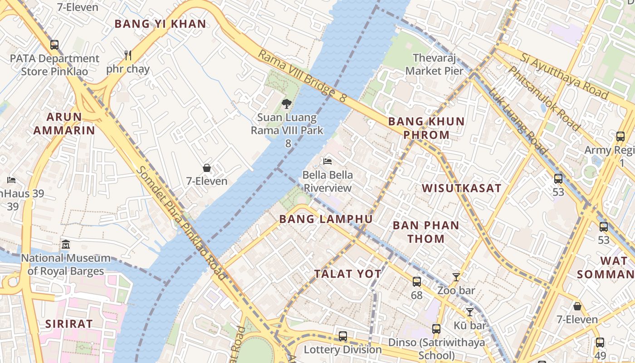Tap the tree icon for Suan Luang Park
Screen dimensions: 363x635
click(286, 104)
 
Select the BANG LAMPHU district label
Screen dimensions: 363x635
click(326, 219)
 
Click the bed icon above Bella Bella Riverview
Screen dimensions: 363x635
click(327, 161)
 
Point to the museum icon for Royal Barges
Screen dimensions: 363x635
click(66, 244)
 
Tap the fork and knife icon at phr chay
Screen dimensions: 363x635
click(128, 55)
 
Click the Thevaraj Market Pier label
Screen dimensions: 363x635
click(434, 64)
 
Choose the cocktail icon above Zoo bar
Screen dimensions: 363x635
click(456, 277)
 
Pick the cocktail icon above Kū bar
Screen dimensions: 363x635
click(470, 312)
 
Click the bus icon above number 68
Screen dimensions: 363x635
click(416, 282)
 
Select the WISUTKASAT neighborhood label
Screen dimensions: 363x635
click(461, 188)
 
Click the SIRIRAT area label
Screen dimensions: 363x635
click(69, 324)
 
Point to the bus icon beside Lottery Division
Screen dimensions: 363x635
click(343, 336)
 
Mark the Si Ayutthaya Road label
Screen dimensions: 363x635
click(564, 76)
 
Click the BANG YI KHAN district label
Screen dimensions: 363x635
click(160, 24)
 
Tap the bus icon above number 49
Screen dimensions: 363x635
click(600, 343)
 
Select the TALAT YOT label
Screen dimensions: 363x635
click(347, 274)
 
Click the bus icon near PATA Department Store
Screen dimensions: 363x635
click(54, 44)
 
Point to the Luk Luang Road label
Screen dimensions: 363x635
click(518, 121)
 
